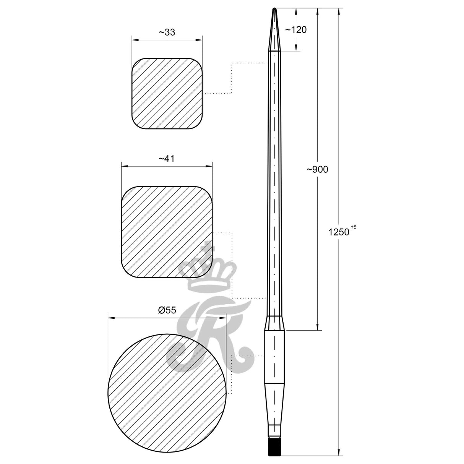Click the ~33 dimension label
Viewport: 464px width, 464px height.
[x=167, y=32]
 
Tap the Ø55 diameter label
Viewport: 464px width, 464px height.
[x=167, y=310]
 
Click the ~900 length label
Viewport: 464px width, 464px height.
[x=317, y=170]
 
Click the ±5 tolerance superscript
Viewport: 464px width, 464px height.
[x=354, y=227]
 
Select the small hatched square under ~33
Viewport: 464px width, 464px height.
[x=167, y=94]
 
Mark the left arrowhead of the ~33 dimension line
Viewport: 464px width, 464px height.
[x=134, y=39]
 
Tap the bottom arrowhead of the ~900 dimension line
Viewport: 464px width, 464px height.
[x=317, y=327]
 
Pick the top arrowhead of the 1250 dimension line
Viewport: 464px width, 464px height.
[x=338, y=11]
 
